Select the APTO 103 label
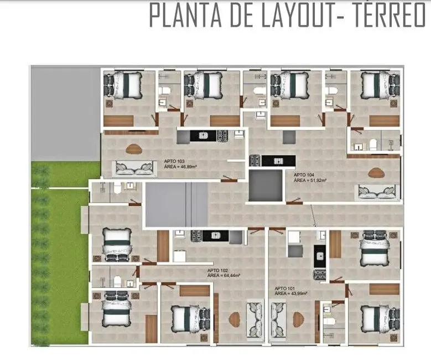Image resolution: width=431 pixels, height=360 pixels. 174,161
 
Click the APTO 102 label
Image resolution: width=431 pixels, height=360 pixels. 217,270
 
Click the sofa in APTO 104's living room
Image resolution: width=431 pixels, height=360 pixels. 377,192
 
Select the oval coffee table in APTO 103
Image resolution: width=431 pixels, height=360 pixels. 134,148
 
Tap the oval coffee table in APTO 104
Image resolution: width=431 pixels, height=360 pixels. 377,173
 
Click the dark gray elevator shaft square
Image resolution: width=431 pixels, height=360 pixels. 266,186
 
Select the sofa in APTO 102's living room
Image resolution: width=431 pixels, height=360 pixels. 255,321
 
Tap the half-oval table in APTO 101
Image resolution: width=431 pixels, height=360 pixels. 298,319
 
